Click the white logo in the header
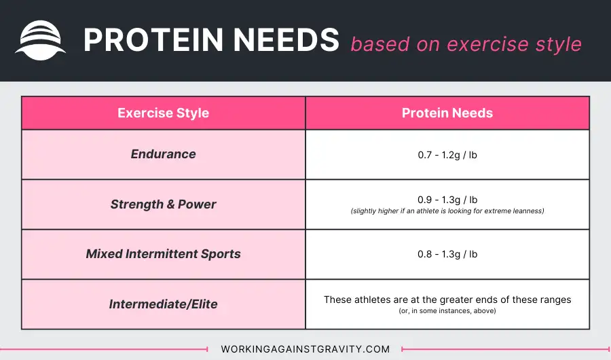40,40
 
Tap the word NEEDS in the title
286,40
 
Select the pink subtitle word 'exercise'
487,44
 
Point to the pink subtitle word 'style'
559,45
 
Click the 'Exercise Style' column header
163,113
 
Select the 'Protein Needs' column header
447,113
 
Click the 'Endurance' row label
163,154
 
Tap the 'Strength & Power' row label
163,204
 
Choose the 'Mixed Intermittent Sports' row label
163,254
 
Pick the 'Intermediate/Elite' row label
163,304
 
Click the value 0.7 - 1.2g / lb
447,156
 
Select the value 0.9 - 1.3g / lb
447,200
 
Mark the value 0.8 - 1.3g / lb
447,254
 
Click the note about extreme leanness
447,211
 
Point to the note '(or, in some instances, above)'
447,311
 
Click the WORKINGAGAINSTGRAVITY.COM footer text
305,349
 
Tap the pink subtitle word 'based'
380,44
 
